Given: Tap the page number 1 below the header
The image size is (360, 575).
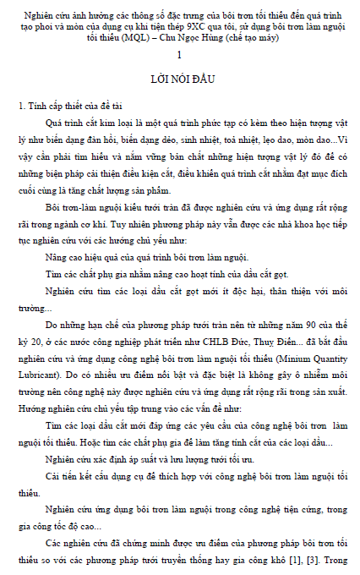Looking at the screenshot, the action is pyautogui.click(x=179, y=55).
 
